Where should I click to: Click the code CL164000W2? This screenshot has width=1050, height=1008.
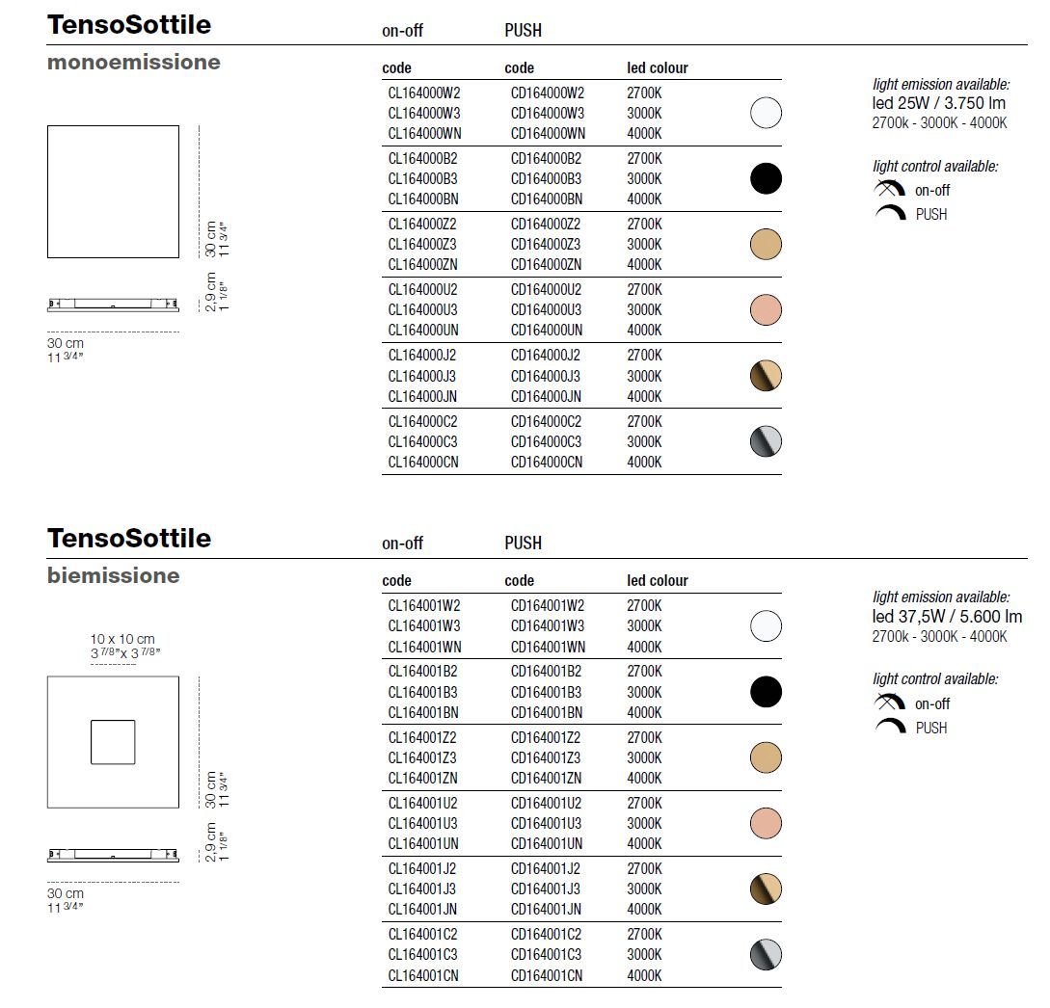(x=424, y=93)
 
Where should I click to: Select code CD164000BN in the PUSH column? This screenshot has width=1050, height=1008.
(x=546, y=199)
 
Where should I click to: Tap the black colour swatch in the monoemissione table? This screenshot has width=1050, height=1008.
(x=766, y=179)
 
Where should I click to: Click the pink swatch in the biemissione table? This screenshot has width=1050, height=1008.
(x=766, y=823)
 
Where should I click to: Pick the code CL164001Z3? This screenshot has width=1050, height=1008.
(x=422, y=757)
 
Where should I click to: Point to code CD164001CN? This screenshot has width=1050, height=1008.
(x=546, y=975)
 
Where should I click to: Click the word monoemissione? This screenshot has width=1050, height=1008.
(x=133, y=63)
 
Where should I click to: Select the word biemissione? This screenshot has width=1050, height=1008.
(x=113, y=576)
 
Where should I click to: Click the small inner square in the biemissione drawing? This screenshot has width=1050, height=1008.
(x=113, y=742)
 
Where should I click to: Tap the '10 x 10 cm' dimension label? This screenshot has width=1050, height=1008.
(x=122, y=639)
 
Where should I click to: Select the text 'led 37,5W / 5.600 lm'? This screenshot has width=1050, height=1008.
(x=947, y=617)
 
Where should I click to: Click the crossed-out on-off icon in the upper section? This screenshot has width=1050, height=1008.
(x=889, y=190)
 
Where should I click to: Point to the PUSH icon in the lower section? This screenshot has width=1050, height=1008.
(x=890, y=727)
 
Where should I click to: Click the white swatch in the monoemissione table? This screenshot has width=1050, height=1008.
(x=766, y=114)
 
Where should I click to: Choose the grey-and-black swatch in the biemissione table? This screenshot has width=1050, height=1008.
(x=766, y=955)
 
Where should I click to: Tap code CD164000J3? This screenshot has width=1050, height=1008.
(x=546, y=376)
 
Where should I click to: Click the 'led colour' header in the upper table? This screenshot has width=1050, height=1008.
(x=658, y=68)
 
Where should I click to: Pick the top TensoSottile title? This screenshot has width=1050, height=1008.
(x=129, y=25)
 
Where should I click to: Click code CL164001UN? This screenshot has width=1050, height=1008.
(x=423, y=843)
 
